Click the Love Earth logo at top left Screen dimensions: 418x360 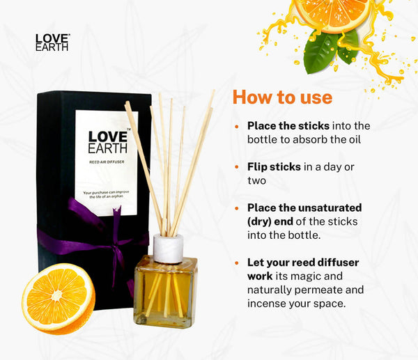coord(52,42)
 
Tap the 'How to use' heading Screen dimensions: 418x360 coord(283,97)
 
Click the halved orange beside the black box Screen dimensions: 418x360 coord(59,299)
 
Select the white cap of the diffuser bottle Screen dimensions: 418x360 coord(168,249)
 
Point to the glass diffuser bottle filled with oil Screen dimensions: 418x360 coord(166,291)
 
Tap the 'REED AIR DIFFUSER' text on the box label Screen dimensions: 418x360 coord(107,162)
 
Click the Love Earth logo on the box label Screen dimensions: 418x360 coord(108,142)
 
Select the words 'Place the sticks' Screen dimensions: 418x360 coord(288,126)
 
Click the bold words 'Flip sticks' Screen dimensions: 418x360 coord(274,167)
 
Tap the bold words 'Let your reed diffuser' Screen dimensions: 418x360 coord(303,263)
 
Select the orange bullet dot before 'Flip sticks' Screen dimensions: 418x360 coord(237,167)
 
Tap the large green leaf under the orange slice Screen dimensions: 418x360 coord(320,53)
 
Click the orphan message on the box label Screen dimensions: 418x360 coord(106,194)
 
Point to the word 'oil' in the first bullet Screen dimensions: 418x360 coord(355,139)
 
